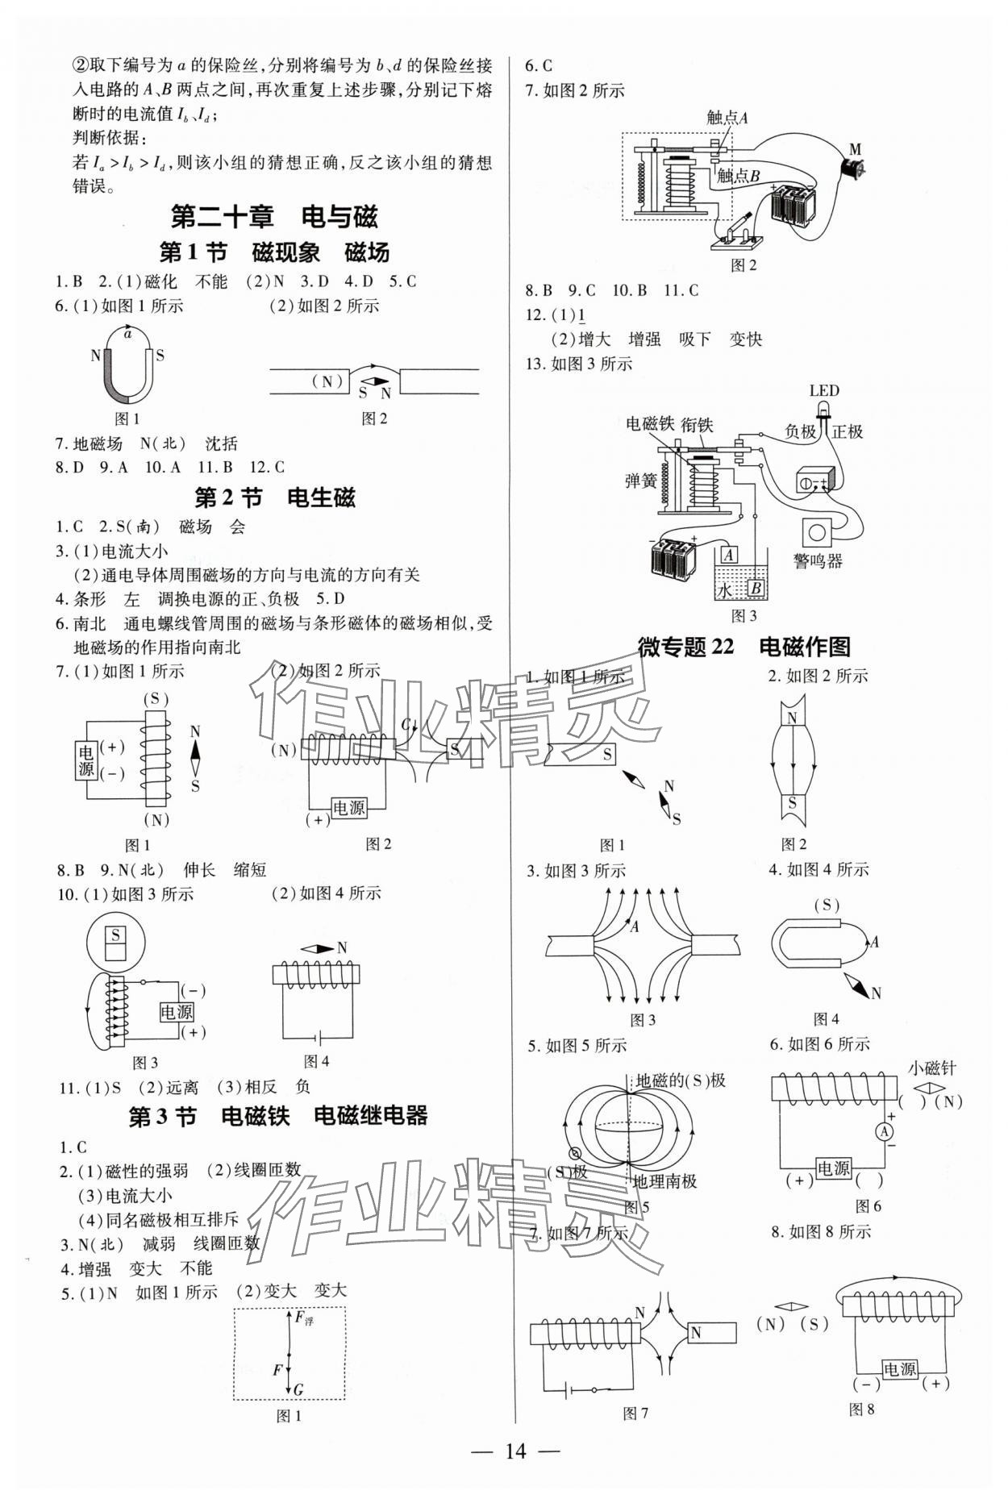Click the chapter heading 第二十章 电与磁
274,216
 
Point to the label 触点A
727,118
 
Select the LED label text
824,391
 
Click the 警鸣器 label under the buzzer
818,561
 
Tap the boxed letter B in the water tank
756,589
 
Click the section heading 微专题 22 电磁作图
744,646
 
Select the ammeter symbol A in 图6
885,1132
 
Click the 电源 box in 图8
900,1369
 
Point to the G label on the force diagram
298,1389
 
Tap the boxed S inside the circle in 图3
116,935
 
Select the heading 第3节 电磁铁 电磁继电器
278,1116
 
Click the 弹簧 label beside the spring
640,481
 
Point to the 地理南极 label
664,1181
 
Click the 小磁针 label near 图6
931,1068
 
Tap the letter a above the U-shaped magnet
127,332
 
